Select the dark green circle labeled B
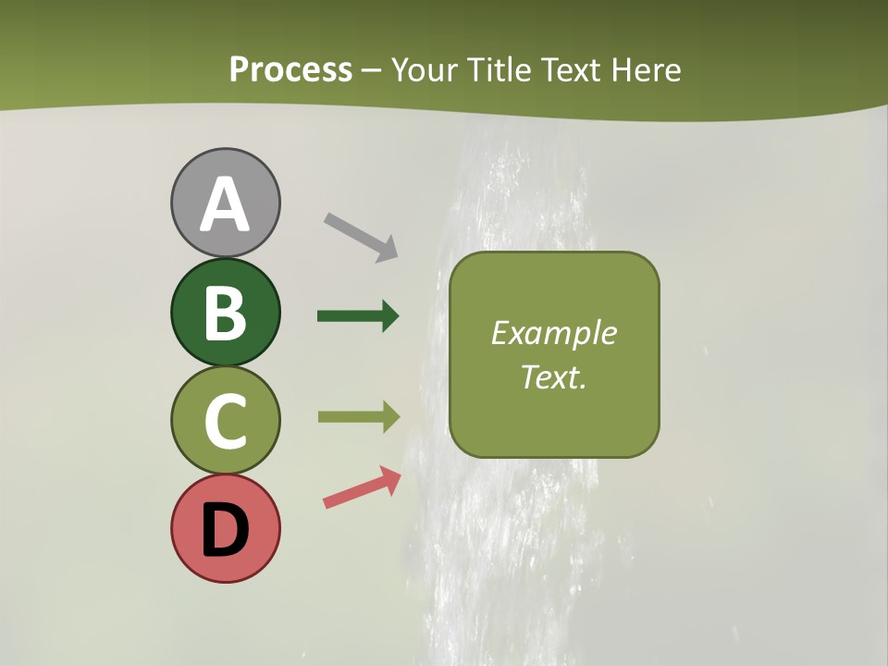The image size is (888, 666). (x=225, y=312)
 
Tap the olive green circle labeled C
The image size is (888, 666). (x=225, y=420)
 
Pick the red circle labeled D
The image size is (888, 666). (x=225, y=528)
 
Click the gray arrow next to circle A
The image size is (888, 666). (x=361, y=236)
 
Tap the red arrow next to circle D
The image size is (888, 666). (x=362, y=488)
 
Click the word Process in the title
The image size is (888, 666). (x=290, y=69)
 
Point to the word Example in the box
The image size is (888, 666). (x=553, y=333)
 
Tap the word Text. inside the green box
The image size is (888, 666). (x=553, y=376)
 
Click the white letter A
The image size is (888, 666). (x=225, y=204)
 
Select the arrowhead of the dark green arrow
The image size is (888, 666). (x=389, y=316)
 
